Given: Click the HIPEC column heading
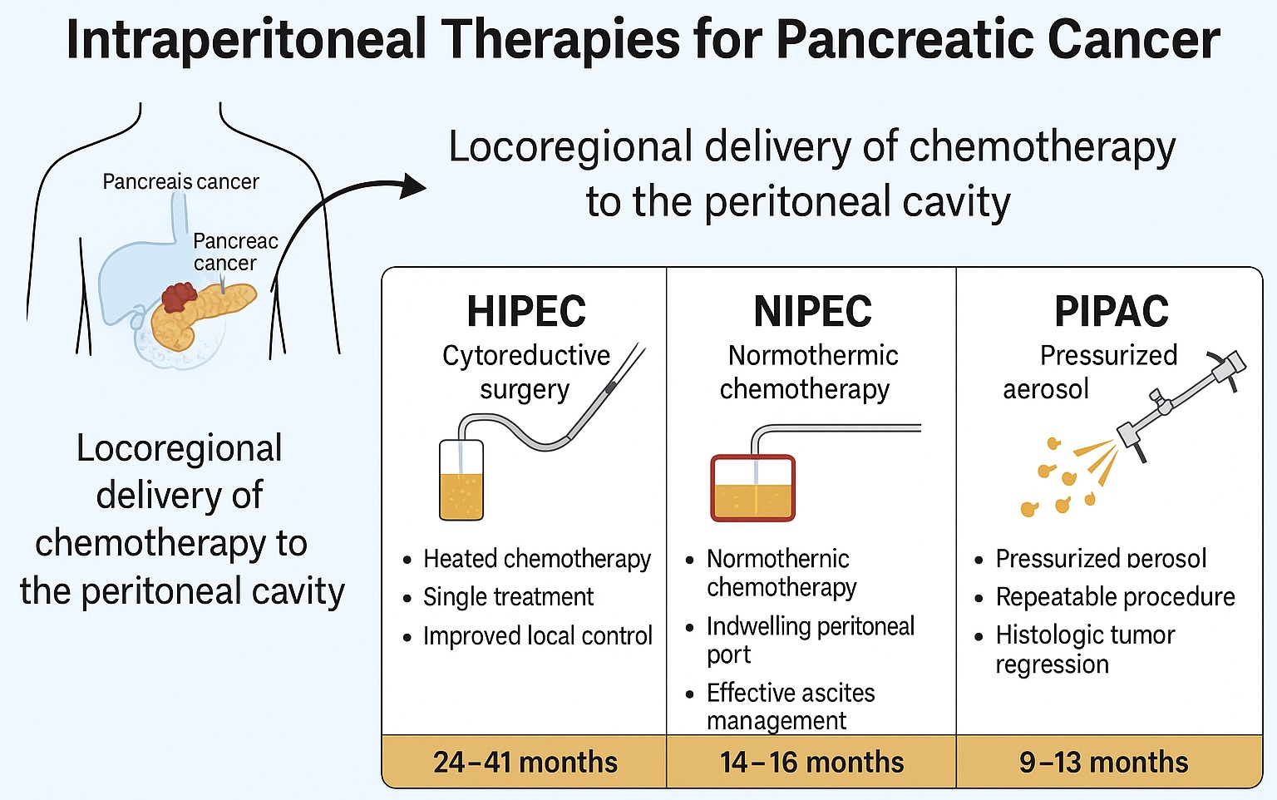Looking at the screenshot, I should tap(526, 312).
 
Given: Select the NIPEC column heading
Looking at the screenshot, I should tap(812, 312).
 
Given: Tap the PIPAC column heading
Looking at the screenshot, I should tap(1111, 312).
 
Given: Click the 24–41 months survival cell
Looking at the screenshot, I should tap(525, 762).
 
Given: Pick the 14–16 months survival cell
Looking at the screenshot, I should tap(811, 762).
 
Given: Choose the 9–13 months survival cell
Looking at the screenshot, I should tap(1103, 762).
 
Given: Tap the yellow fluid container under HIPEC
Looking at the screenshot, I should tap(461, 482).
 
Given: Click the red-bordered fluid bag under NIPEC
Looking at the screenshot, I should tap(752, 488).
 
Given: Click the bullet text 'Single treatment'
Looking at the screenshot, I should tap(508, 597).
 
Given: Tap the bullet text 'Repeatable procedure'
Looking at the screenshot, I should tap(1115, 597).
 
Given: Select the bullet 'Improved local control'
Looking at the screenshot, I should tap(537, 636).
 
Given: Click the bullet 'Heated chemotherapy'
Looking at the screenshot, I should tap(537, 559).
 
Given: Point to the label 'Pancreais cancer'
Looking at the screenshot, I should tap(180, 181).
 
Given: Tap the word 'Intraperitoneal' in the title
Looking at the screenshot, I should tap(245, 39).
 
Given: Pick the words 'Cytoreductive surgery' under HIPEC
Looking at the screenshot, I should tap(525, 372).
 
